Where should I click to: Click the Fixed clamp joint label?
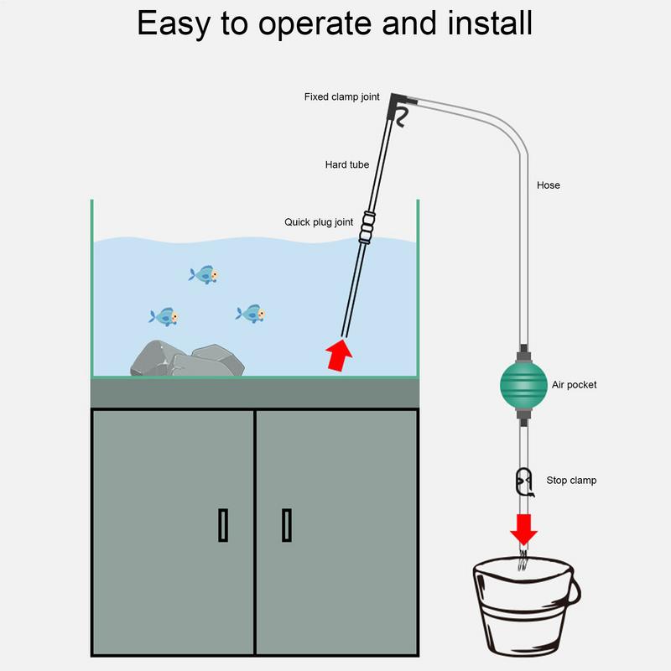point(341,97)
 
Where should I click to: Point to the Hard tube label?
point(347,164)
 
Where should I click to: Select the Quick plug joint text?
point(319,222)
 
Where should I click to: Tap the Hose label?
point(548,185)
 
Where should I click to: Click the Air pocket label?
point(574,385)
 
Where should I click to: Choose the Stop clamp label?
point(571,481)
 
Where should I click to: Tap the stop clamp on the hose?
point(523,481)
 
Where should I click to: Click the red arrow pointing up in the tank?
point(338,356)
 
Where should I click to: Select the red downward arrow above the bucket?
point(523,529)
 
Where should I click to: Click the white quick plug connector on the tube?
point(366,226)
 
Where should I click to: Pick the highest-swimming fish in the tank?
point(204,274)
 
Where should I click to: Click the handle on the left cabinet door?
point(223,525)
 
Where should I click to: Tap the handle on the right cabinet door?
point(286,525)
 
